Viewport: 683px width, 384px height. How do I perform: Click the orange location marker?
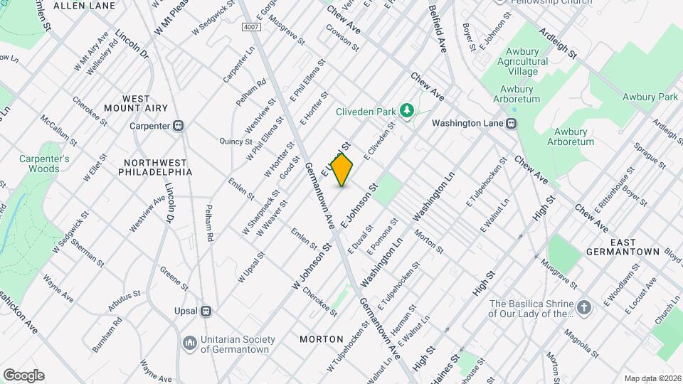[x=341, y=169]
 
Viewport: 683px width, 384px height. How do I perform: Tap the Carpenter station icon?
[x=179, y=126]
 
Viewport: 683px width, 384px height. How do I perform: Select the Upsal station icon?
[x=206, y=311]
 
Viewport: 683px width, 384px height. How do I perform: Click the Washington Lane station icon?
[x=511, y=122]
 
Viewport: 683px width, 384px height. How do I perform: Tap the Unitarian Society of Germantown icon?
[x=189, y=343]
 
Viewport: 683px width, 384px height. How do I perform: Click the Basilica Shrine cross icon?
[x=583, y=307]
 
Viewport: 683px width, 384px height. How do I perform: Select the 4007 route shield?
[x=250, y=26]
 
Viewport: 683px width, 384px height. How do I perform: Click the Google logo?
[x=23, y=375]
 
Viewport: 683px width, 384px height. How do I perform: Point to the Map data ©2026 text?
[x=652, y=378]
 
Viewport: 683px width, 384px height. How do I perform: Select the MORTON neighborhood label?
[x=321, y=339]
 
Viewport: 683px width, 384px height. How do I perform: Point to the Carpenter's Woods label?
[x=44, y=164]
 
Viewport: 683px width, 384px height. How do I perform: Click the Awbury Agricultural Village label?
[x=526, y=61]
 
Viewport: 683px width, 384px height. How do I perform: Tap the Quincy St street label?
[x=232, y=141]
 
